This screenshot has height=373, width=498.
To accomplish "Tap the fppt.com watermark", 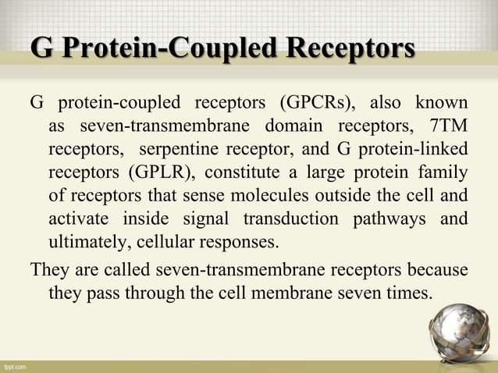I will click(15, 365).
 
